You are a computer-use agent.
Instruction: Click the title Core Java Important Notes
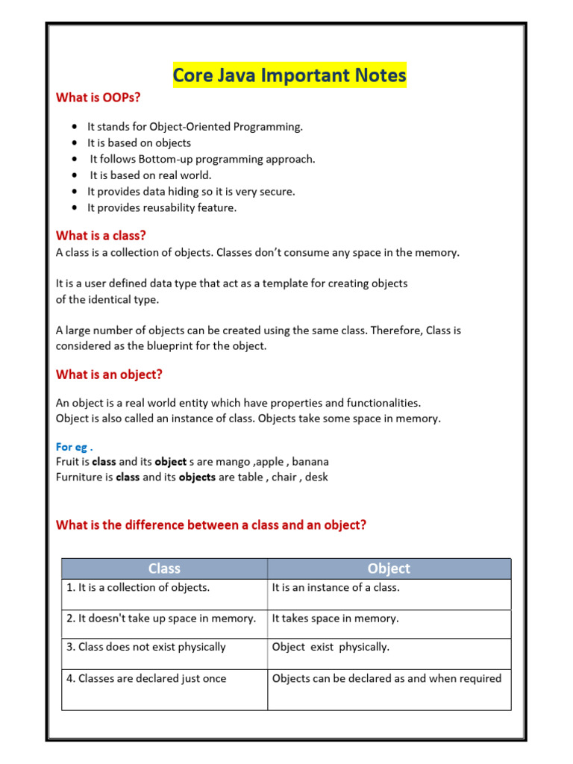coord(289,75)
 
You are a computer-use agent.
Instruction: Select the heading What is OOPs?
coord(98,98)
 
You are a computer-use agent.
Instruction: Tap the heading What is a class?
coord(101,236)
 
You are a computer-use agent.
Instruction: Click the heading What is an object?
coord(109,375)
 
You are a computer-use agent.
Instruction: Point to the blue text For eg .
coord(74,447)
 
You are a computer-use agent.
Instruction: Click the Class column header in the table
coord(164,569)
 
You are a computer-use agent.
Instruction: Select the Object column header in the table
coord(389,569)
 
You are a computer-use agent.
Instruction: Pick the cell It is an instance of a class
coord(336,588)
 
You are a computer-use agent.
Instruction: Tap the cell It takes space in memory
coord(335,619)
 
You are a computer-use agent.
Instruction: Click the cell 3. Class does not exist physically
coord(146,648)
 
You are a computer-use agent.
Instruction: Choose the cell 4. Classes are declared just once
coord(146,679)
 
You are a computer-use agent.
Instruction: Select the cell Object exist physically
coord(331,648)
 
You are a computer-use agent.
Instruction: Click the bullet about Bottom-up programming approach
coord(202,159)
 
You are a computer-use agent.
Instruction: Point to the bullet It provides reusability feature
coord(162,208)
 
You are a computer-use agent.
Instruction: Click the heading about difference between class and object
coord(211,525)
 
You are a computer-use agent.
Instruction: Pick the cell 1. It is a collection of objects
coord(139,588)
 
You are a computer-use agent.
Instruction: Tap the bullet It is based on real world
coord(151,175)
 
